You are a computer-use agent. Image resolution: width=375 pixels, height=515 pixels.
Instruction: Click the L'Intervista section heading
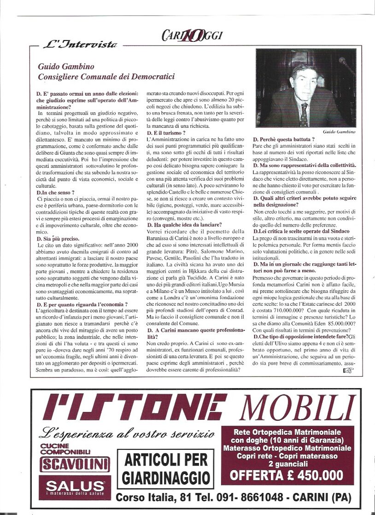pyautogui.click(x=79, y=45)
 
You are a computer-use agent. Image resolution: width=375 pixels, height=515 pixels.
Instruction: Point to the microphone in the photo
pyautogui.click(x=346, y=65)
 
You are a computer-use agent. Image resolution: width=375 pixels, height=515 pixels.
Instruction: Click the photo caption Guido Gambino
pyautogui.click(x=339, y=132)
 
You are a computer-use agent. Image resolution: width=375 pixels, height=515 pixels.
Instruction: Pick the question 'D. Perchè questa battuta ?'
pyautogui.click(x=284, y=139)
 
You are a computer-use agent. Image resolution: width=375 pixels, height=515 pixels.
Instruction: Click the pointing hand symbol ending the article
pyautogui.click(x=348, y=371)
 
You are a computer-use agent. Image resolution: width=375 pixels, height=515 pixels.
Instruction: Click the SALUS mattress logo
pyautogui.click(x=75, y=486)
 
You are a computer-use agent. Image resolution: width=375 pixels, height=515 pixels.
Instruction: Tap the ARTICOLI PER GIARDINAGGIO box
pyautogui.click(x=165, y=469)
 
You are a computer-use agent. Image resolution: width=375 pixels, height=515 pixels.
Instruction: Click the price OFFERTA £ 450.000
pyautogui.click(x=287, y=475)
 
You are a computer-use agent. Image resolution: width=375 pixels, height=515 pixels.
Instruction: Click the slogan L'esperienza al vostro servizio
pyautogui.click(x=127, y=433)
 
